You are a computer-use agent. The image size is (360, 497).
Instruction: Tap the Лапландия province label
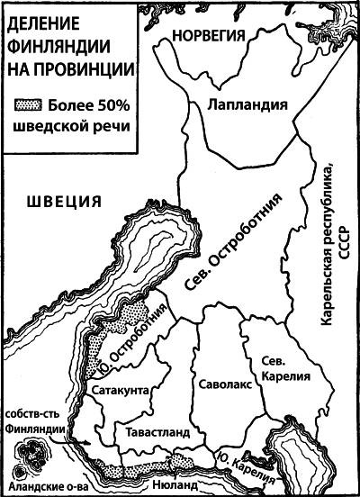click(x=239, y=105)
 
